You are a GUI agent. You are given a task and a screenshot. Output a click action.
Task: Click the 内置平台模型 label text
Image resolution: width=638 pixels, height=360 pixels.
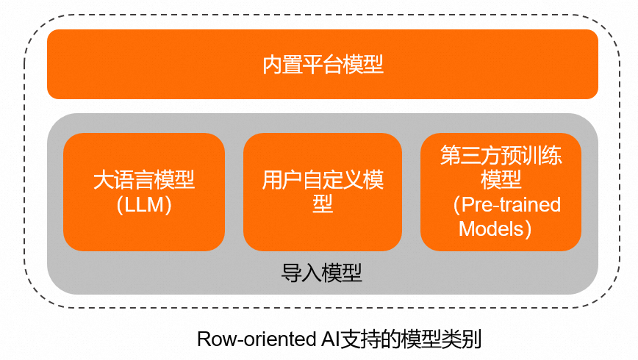click(323, 65)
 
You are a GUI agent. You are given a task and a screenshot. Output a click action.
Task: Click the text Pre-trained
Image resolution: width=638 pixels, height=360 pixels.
click(511, 204)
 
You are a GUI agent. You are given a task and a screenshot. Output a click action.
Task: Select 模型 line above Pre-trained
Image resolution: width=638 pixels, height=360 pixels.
click(501, 179)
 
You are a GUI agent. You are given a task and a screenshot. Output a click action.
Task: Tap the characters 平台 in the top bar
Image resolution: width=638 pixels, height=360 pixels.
click(323, 65)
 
